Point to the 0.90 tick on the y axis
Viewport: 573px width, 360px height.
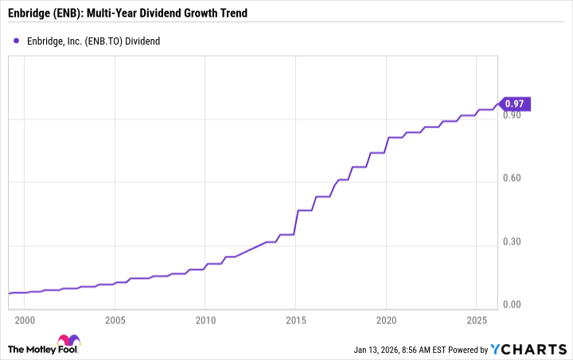coord(513,115)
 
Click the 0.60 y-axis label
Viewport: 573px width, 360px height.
coord(513,178)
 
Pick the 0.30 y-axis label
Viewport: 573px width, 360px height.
coord(513,241)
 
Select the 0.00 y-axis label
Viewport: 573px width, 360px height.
coord(513,304)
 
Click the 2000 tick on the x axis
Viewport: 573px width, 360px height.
coord(25,319)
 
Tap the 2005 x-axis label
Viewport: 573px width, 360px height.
coord(115,319)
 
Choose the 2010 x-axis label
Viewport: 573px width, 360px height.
coord(205,319)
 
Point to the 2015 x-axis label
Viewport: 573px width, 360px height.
coord(295,319)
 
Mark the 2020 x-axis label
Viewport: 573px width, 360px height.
coord(386,319)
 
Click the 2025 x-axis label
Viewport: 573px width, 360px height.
coord(476,319)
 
